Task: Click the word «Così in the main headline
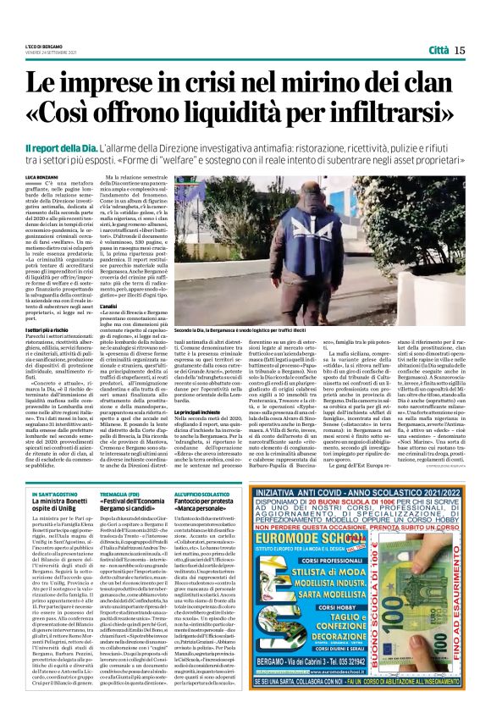(83, 114)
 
